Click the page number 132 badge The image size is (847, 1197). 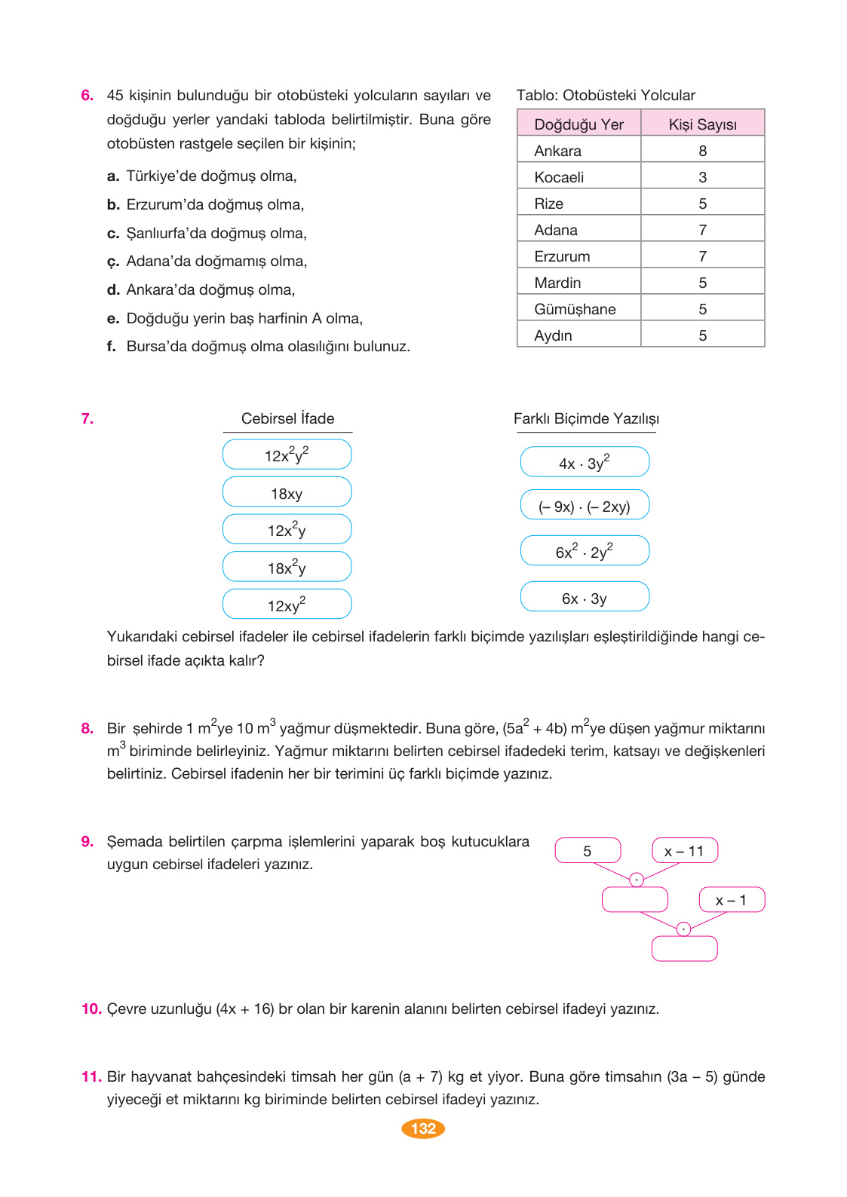(423, 1128)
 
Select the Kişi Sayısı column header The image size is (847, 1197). (702, 124)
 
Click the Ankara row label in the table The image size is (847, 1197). (558, 151)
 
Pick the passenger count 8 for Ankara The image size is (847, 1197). (702, 151)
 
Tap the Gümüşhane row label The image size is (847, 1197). (575, 309)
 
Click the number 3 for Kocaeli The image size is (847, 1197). (702, 177)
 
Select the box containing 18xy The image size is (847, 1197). (287, 493)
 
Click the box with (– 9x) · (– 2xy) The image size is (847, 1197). (585, 506)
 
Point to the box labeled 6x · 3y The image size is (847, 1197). (585, 597)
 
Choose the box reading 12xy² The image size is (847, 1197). (287, 605)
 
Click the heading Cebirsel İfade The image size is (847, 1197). (287, 418)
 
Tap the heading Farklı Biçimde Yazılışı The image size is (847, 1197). (586, 418)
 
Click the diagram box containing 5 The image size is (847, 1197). (588, 850)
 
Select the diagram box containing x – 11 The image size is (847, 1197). (684, 850)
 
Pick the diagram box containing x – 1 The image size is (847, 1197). (731, 899)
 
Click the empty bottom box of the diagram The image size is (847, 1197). (684, 948)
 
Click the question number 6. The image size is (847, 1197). (87, 95)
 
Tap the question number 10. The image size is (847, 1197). (91, 1009)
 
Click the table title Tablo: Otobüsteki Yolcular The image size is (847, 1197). (606, 95)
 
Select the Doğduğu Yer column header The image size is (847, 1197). (578, 124)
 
